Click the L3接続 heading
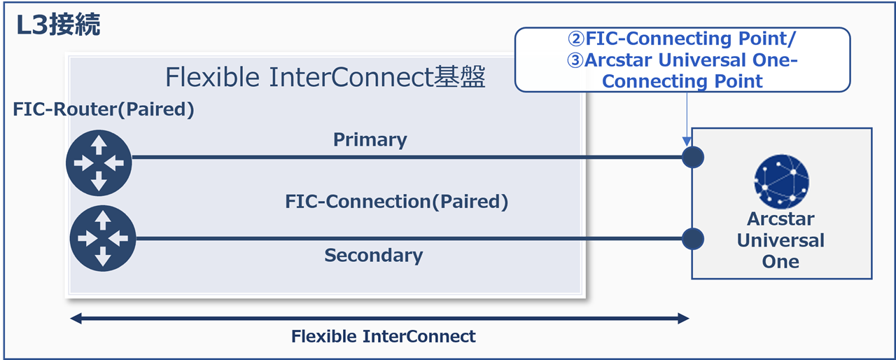pos(59,25)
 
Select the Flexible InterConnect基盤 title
pos(325,78)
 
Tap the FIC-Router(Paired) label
pos(104,110)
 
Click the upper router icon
pos(99,162)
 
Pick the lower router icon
pos(103,239)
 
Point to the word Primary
pos(370,139)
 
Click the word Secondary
pos(373,255)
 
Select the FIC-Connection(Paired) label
pos(396,202)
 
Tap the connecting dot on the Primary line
pos(692,157)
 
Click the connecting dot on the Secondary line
pos(692,239)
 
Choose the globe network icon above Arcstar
pos(781,179)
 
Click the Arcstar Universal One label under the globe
pos(780,240)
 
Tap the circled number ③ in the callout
pos(575,60)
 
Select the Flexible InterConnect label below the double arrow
pos(383,336)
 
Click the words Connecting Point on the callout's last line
pos(682,81)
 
